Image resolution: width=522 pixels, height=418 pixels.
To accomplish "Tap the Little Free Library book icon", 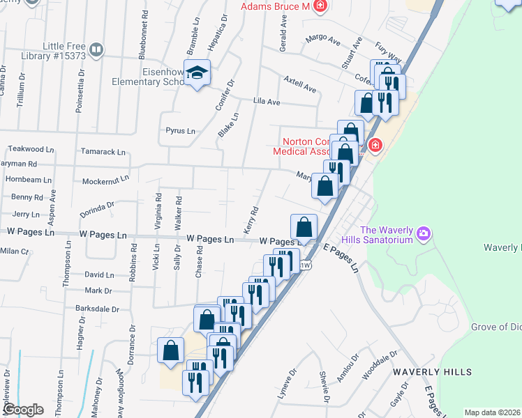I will coord(96,49).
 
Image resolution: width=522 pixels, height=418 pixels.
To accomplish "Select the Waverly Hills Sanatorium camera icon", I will coord(423,235).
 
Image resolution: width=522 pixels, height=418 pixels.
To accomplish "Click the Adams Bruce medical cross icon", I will coord(320,6).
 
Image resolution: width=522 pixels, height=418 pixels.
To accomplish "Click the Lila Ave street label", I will coord(266,102).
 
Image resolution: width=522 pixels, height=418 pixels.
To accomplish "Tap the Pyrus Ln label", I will coord(180,130).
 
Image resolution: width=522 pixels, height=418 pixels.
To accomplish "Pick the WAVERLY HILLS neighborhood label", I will coord(432,373).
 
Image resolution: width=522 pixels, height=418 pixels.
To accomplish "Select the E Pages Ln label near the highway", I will coord(341,258).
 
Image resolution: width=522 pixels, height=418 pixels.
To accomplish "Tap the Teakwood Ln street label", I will coord(31,149).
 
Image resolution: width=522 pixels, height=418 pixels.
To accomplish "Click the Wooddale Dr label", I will coord(380,366).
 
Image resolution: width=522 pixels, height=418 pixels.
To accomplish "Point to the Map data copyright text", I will coord(492,412).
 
